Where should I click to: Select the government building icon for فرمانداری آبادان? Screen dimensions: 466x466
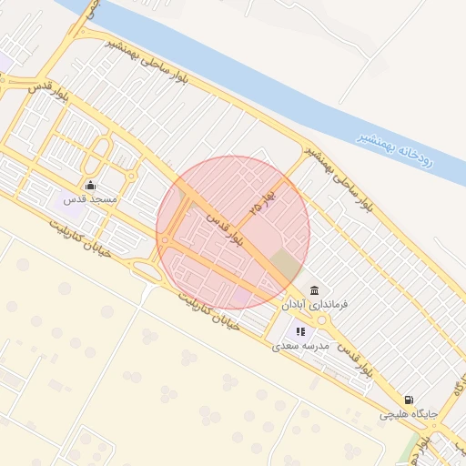click(x=314, y=290)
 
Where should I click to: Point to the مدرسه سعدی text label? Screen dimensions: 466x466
click(x=299, y=347)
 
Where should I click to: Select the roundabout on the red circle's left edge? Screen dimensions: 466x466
click(x=166, y=240)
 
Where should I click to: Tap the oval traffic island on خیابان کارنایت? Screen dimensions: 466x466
click(x=147, y=271)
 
